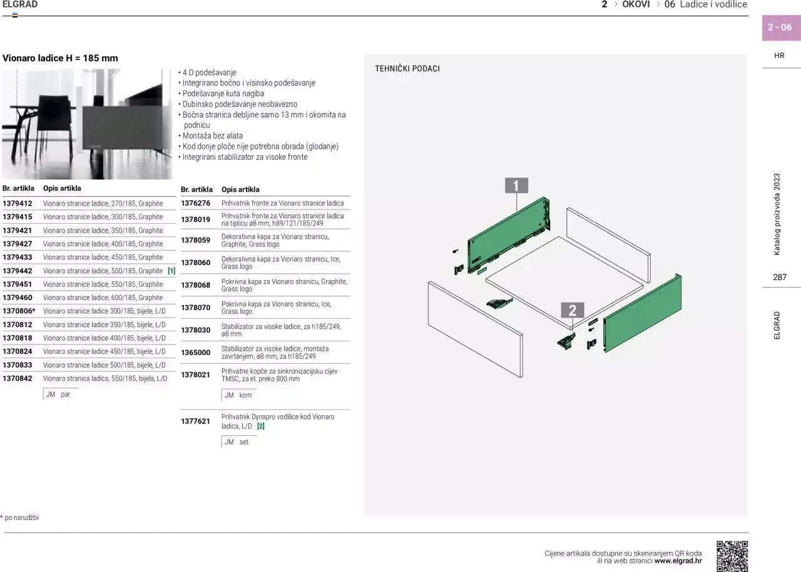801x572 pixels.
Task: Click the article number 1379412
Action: coord(18,203)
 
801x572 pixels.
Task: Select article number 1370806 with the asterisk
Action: coord(19,311)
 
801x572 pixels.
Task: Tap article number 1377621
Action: coord(195,421)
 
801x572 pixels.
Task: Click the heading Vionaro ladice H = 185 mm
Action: coord(60,58)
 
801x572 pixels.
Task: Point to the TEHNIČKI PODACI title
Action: coord(407,69)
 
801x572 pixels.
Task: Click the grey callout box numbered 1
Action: coord(516,186)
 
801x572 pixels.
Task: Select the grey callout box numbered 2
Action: coord(572,310)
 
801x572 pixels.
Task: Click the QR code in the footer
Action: coord(732,556)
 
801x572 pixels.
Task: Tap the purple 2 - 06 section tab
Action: coord(780,28)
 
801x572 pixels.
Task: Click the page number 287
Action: coord(780,277)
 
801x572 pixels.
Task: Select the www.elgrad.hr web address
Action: coord(678,561)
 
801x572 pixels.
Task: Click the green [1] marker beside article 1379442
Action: coord(171,271)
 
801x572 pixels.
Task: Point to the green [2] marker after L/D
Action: coord(261,426)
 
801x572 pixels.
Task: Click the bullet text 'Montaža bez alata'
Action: coord(212,136)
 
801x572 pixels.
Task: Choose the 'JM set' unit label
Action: coord(237,442)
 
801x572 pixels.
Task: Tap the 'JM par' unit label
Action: coord(58,394)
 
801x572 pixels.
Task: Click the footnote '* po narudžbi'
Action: coord(19,518)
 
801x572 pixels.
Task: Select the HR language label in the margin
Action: coord(779,56)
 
